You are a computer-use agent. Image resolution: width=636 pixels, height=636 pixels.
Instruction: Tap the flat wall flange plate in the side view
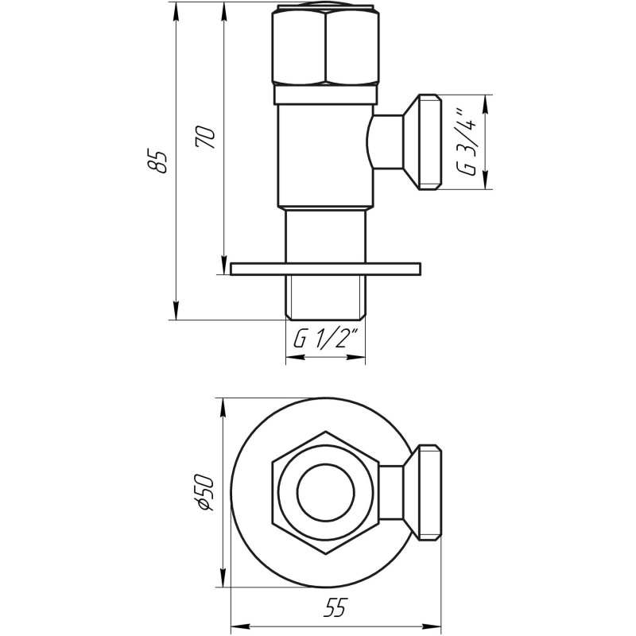(324, 269)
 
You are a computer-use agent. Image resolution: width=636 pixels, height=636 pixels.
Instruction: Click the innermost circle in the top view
(325, 491)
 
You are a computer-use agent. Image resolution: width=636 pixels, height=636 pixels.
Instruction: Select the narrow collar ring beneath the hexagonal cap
(325, 95)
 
